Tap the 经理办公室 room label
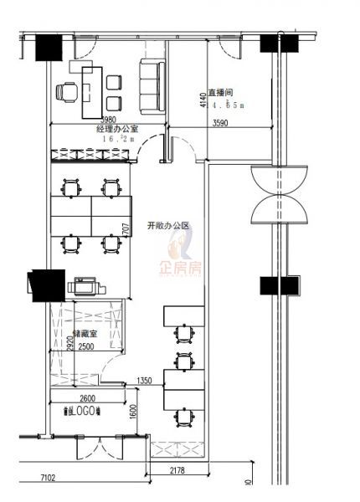(117, 130)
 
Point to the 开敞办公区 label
(168, 225)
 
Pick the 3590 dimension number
(220, 123)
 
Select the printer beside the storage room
(86, 287)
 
